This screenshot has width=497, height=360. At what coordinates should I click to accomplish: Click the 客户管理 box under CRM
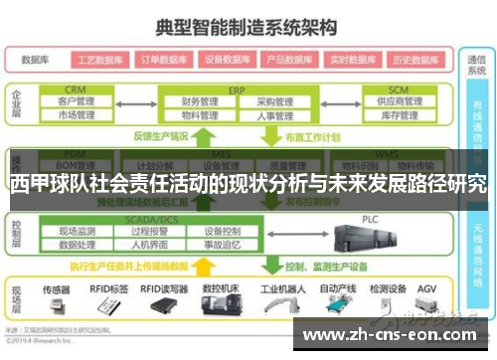[76, 101]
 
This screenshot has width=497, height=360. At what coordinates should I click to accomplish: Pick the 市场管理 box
[76, 115]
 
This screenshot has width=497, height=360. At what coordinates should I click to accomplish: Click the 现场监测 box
[77, 231]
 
